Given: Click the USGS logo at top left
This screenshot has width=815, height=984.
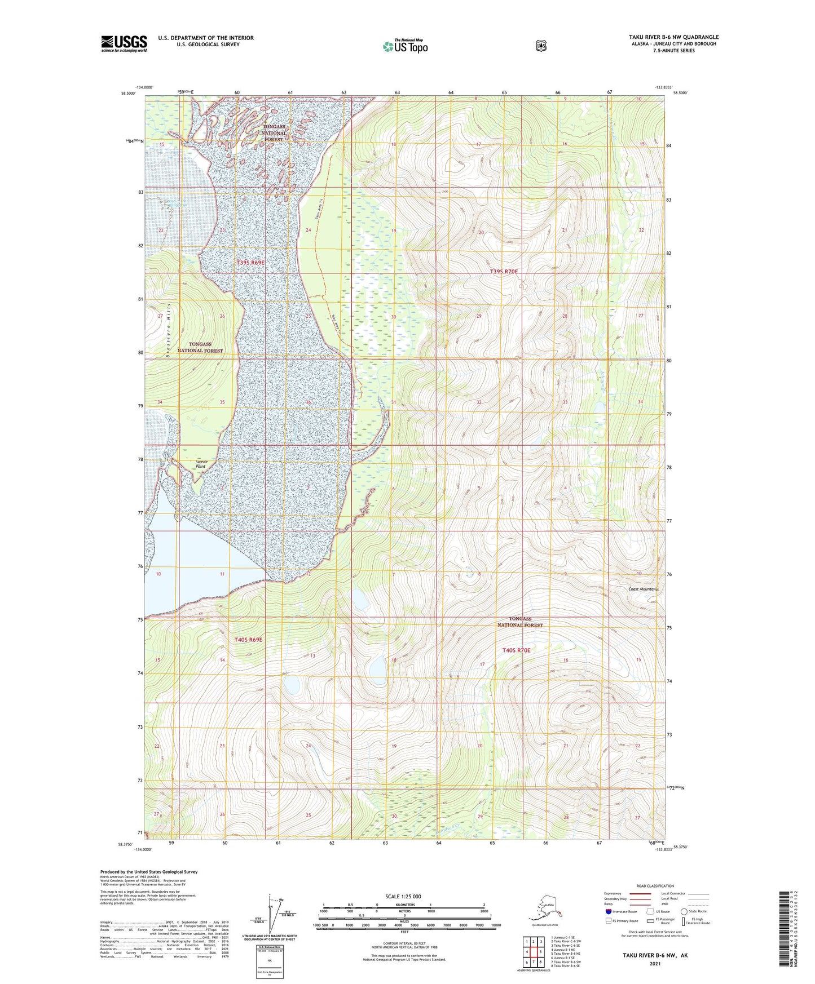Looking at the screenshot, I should (124, 43).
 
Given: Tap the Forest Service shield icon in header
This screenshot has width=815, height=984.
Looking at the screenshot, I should (541, 46).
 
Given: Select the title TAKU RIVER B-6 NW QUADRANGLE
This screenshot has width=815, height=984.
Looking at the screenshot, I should (673, 37).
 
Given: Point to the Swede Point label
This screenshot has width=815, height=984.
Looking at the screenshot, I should (201, 464).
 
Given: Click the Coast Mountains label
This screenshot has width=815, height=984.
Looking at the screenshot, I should (644, 589).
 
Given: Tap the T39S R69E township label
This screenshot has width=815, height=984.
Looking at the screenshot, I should (250, 263).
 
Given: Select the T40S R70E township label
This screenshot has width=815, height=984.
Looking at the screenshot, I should (516, 650).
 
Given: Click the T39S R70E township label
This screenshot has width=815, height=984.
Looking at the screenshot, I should (504, 272).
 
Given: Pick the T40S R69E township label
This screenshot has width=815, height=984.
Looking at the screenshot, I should (248, 640).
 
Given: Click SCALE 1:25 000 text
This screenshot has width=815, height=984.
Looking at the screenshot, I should (403, 897).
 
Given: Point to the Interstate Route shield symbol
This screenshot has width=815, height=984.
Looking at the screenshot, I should (609, 911).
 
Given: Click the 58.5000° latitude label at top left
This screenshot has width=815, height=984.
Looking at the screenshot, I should (127, 94).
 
